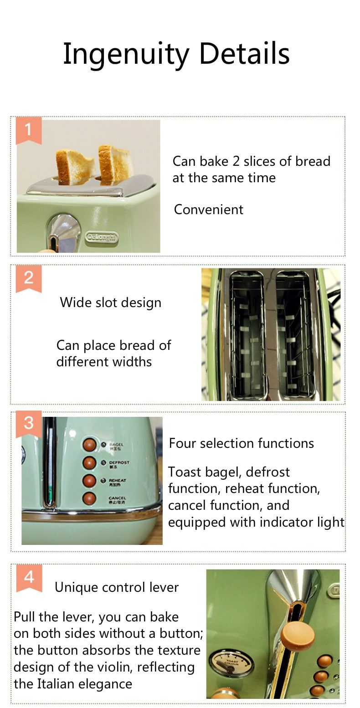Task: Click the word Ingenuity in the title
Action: (x=125, y=54)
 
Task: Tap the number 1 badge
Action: (x=28, y=130)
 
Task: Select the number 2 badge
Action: (x=28, y=277)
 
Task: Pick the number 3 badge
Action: (x=28, y=423)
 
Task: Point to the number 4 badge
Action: (x=29, y=577)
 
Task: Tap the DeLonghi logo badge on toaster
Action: (x=102, y=237)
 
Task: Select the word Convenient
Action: (x=208, y=210)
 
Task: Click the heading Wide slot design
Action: (x=110, y=303)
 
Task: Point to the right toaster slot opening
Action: (x=294, y=335)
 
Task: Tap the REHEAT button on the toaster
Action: (x=89, y=481)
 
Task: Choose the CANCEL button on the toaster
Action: (x=89, y=498)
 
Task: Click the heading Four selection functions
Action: (x=241, y=443)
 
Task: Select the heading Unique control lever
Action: (x=116, y=588)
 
